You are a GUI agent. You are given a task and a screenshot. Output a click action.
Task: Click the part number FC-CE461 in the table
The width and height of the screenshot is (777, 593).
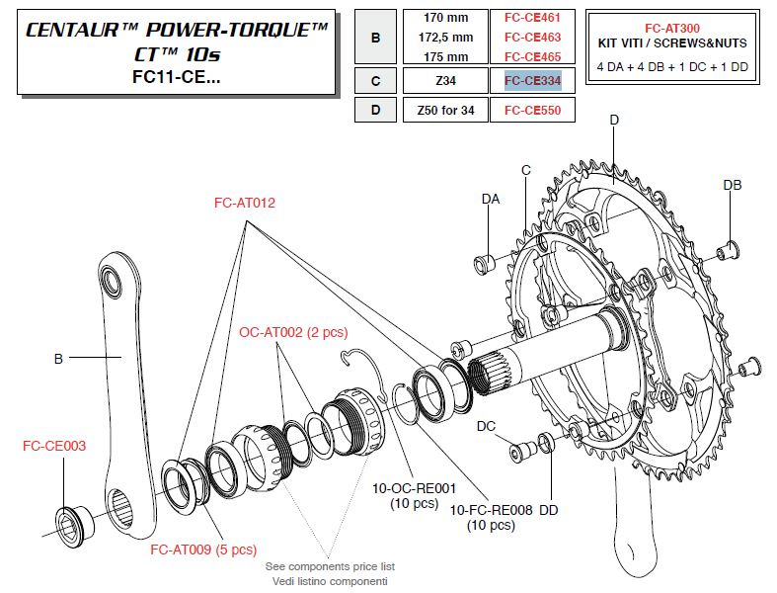click(x=532, y=17)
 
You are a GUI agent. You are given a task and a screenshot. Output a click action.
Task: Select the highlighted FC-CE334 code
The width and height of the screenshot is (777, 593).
click(x=532, y=80)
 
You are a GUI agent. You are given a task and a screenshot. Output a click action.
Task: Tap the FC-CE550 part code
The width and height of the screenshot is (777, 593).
click(x=532, y=110)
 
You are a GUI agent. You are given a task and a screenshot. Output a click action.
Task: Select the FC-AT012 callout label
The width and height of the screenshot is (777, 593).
click(x=244, y=203)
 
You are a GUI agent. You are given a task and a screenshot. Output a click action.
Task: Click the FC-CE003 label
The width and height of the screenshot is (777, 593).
click(x=54, y=446)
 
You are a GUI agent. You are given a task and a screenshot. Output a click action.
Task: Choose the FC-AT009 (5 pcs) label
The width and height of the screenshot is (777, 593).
click(x=202, y=550)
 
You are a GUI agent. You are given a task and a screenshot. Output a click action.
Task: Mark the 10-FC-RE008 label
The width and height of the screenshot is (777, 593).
click(x=491, y=510)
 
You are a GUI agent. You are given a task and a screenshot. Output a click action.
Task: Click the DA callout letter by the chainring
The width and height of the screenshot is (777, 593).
click(x=491, y=199)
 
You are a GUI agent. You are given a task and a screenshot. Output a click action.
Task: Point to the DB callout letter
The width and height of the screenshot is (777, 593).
click(x=732, y=185)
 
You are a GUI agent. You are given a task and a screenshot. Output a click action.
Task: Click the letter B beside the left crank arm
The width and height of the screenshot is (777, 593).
click(x=58, y=359)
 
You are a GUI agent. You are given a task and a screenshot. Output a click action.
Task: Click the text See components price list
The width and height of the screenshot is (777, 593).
click(x=330, y=566)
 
